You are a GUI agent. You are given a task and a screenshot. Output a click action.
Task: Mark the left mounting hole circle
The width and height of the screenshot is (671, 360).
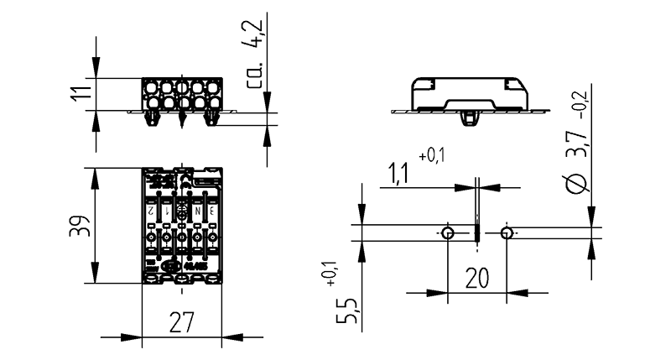[x=448, y=232]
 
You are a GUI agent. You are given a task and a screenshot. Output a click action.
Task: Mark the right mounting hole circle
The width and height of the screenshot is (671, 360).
[x=506, y=232]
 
